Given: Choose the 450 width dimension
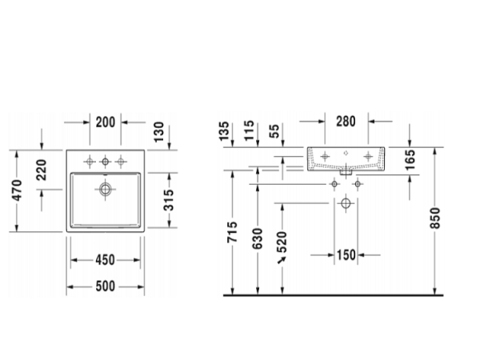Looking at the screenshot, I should click(106, 259).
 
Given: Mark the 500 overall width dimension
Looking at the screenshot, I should click(106, 286).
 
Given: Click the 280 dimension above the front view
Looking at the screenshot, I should click(346, 122).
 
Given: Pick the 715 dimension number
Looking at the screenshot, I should click(232, 234).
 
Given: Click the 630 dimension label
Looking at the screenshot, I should click(257, 234).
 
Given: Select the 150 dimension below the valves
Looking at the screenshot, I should click(346, 255).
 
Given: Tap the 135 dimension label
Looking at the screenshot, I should click(225, 130).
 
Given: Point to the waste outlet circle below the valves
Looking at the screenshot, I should click(346, 203).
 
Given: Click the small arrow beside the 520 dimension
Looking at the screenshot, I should click(282, 259).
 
